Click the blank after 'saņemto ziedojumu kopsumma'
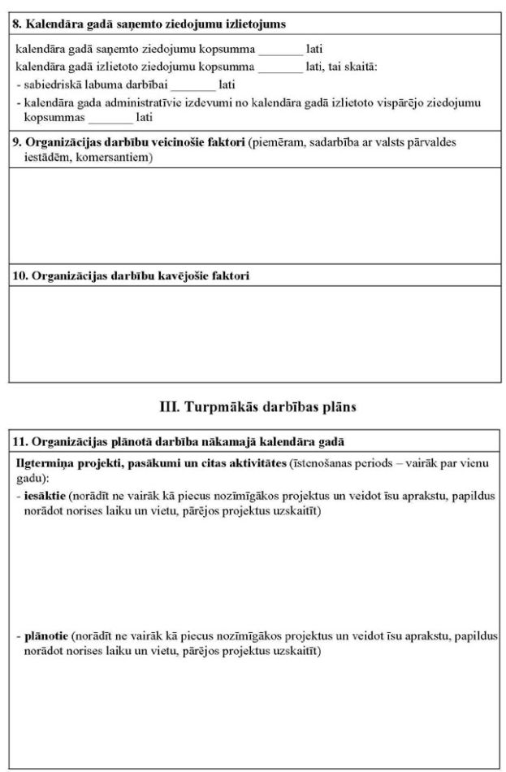point(280,49)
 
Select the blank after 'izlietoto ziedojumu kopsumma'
point(279,67)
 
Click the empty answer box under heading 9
point(254,215)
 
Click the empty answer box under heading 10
point(254,333)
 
